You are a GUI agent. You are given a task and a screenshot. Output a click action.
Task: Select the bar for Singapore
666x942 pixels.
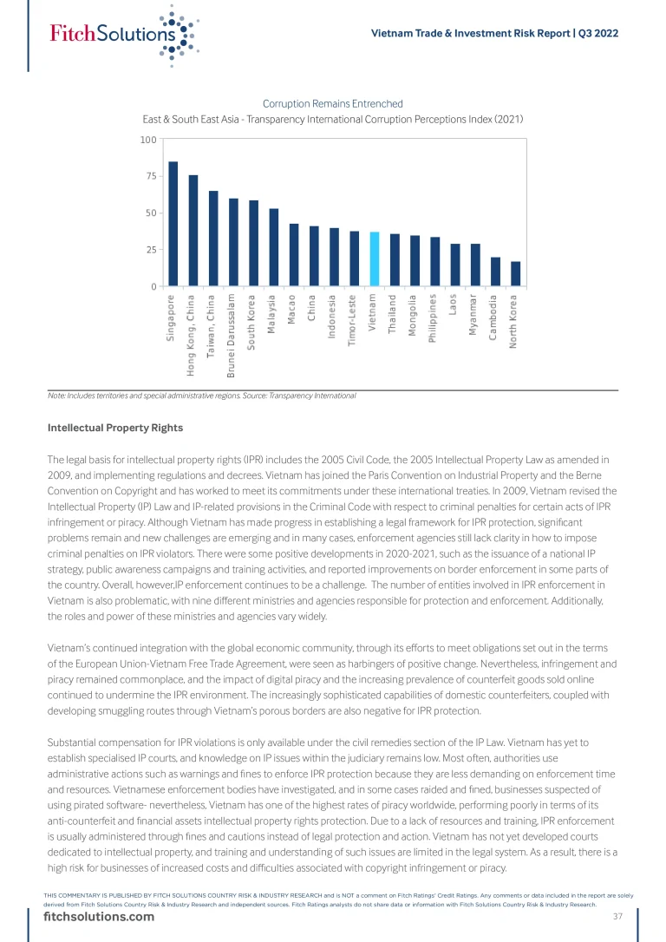[x=173, y=224]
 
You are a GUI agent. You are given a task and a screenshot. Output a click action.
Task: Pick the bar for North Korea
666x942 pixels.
[x=515, y=273]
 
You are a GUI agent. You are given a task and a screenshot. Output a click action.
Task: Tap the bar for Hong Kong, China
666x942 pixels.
[x=193, y=231]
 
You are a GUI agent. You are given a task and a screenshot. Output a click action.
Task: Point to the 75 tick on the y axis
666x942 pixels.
[x=151, y=176]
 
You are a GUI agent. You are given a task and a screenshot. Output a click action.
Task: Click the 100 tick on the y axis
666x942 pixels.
[x=147, y=140]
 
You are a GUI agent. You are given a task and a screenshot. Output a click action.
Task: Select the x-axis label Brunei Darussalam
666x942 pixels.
[x=233, y=335]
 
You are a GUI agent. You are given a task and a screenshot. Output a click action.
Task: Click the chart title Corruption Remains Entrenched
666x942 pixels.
[x=332, y=104]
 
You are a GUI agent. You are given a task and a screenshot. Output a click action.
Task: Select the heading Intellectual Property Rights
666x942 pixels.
[x=115, y=428]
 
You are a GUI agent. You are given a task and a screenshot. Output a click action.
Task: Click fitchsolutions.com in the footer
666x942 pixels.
[x=99, y=918]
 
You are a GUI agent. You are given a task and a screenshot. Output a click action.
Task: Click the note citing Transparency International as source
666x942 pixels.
[x=202, y=396]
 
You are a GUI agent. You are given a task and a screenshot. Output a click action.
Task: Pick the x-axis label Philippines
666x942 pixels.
[x=434, y=321]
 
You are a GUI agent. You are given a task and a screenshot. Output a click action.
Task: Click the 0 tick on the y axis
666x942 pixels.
[x=153, y=286]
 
